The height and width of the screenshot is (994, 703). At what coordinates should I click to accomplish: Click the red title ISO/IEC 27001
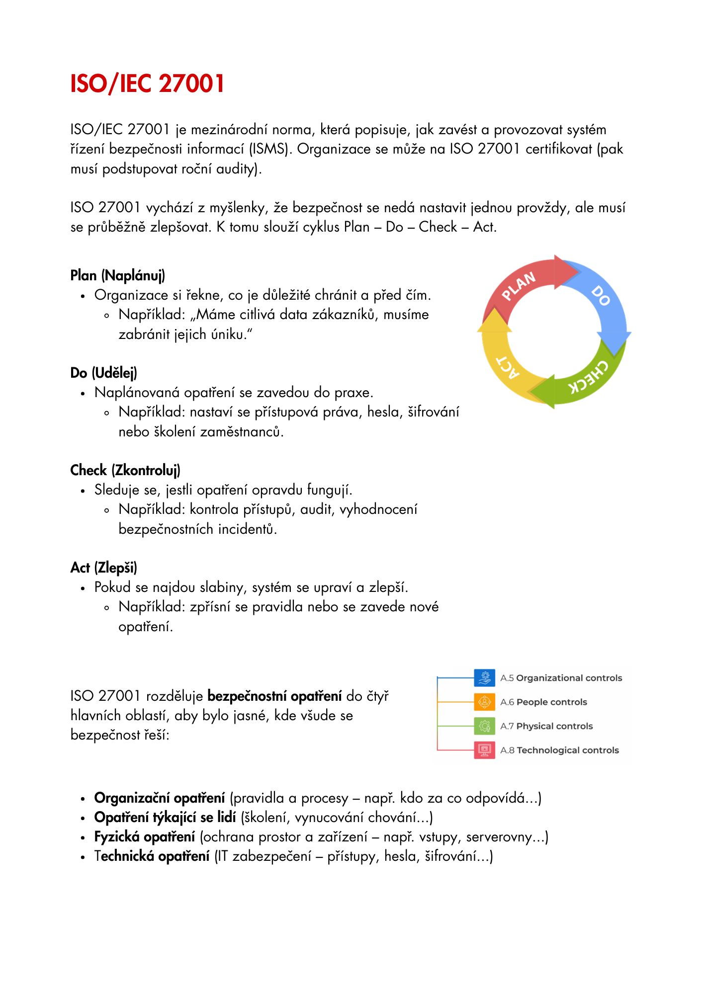point(147,83)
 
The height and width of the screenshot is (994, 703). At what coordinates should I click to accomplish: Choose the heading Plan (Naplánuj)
point(117,275)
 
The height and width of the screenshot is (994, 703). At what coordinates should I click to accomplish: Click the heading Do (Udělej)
point(103,373)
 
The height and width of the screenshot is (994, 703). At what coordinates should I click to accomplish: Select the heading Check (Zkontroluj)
point(125,470)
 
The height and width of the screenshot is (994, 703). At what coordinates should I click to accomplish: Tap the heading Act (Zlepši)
point(103,568)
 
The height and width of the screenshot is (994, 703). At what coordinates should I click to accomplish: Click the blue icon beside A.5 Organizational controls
point(484,677)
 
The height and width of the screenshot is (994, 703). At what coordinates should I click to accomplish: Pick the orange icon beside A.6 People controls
point(484,702)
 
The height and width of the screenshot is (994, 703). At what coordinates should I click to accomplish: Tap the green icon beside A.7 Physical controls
point(484,726)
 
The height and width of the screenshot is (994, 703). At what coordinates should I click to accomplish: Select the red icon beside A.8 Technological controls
point(484,750)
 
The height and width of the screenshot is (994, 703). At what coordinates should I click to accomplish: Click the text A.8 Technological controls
point(559,750)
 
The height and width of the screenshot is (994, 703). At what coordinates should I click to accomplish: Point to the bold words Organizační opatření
point(160,798)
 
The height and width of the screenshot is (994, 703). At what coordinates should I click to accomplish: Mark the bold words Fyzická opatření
point(145,837)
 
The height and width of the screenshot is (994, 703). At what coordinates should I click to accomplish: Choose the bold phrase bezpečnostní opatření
point(274,696)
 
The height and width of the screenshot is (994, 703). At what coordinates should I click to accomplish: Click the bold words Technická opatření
point(152,856)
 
